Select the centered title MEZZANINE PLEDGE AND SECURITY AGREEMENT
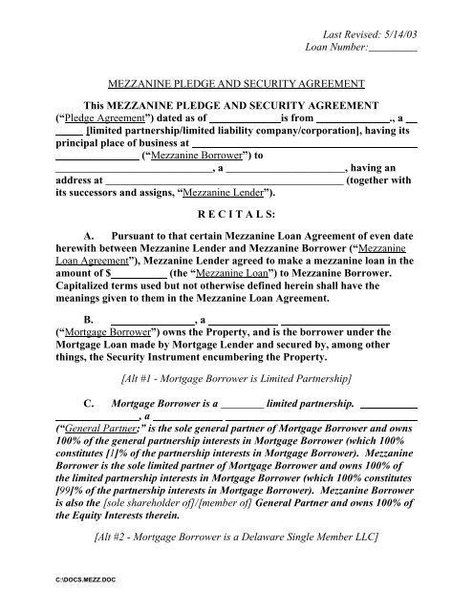(x=235, y=84)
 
